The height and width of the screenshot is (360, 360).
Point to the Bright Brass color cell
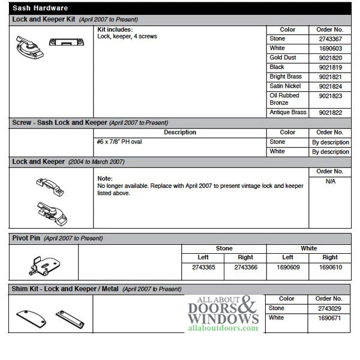[x=285, y=77]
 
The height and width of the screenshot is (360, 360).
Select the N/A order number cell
[x=330, y=181]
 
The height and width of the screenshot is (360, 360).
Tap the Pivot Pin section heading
[x=27, y=238]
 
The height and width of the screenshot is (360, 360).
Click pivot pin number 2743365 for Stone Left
[x=203, y=267]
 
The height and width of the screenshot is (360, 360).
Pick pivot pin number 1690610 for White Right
[x=330, y=267]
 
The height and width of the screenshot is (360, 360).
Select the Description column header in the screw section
[x=179, y=133]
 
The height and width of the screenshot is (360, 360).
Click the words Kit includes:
[x=115, y=29]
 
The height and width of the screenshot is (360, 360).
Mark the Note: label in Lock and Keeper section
[x=105, y=179]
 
